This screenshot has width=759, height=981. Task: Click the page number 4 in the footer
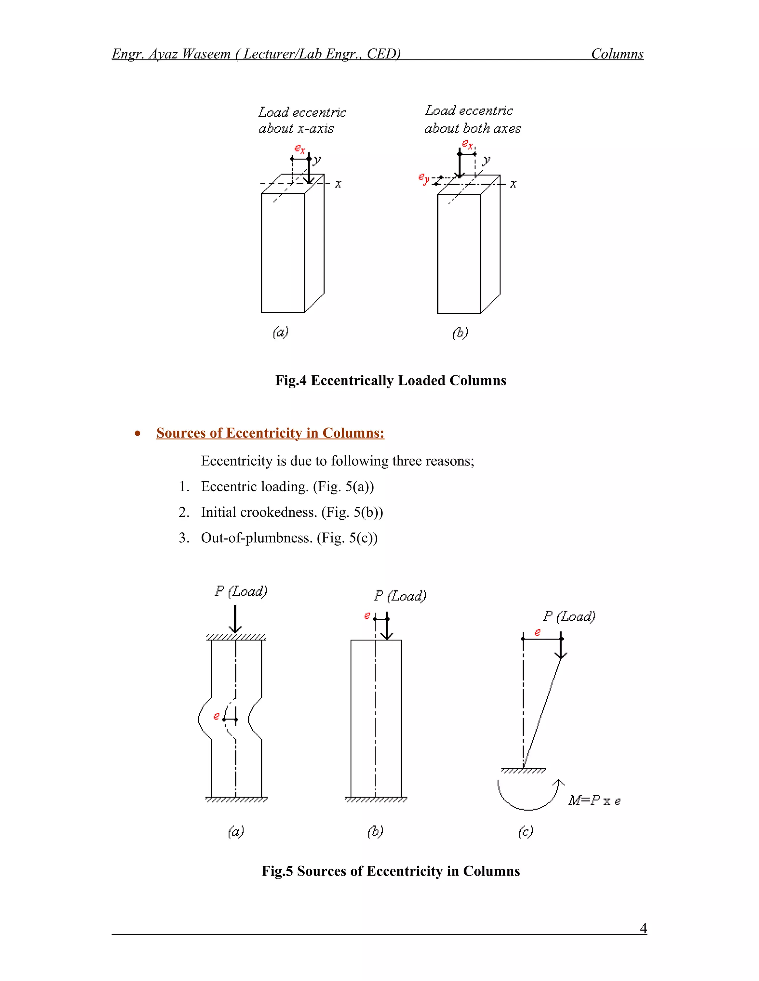(x=643, y=928)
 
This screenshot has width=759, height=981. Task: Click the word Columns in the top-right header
(x=617, y=54)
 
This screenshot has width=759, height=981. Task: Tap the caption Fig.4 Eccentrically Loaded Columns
(x=390, y=381)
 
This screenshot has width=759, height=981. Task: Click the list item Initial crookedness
(x=291, y=512)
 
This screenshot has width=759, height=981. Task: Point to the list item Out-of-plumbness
(x=289, y=538)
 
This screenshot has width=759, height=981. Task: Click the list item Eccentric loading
(x=287, y=486)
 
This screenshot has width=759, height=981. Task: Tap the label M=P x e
(x=594, y=800)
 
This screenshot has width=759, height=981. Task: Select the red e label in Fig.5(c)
(x=537, y=632)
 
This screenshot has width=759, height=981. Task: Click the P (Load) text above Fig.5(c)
(x=569, y=616)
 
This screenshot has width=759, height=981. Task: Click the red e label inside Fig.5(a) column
(x=216, y=716)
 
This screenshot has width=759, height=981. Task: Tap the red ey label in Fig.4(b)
(x=423, y=179)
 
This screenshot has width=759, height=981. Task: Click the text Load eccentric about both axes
(x=472, y=120)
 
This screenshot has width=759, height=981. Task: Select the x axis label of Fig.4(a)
(x=338, y=184)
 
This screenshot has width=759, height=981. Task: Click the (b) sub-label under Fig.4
(x=460, y=333)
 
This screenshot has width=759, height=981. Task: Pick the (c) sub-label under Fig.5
(x=525, y=832)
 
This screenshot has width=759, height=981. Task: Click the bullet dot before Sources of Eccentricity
(x=137, y=433)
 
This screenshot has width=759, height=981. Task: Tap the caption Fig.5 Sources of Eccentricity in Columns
(x=390, y=871)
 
